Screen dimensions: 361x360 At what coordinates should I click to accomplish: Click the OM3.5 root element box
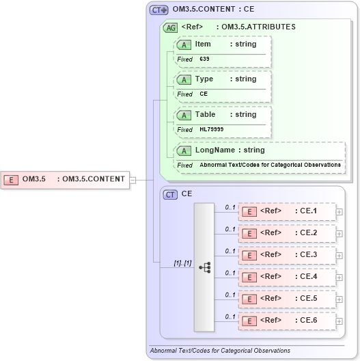pyautogui.click(x=66, y=180)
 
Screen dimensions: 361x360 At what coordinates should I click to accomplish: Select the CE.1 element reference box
pyautogui.click(x=287, y=211)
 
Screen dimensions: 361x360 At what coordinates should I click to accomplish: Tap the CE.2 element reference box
pyautogui.click(x=287, y=233)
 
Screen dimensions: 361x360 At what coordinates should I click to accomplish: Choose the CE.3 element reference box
pyautogui.click(x=287, y=255)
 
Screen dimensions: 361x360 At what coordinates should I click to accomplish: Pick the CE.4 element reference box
pyautogui.click(x=287, y=277)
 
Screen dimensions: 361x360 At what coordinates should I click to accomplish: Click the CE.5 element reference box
pyautogui.click(x=287, y=299)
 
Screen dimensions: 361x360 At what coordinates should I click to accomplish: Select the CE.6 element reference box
pyautogui.click(x=287, y=321)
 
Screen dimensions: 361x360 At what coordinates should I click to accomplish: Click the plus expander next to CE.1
pyautogui.click(x=340, y=211)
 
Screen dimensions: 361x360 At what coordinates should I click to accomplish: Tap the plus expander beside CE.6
pyautogui.click(x=340, y=321)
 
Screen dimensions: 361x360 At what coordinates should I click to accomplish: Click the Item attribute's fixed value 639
pyautogui.click(x=205, y=59)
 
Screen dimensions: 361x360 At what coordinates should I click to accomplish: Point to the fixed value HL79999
pyautogui.click(x=211, y=129)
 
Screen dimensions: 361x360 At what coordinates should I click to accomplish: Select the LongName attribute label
pyautogui.click(x=210, y=150)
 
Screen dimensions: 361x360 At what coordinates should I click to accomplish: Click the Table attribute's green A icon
pyautogui.click(x=184, y=115)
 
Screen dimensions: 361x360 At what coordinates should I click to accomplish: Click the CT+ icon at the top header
pyautogui.click(x=159, y=10)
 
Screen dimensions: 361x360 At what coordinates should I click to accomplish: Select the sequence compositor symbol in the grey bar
pyautogui.click(x=204, y=267)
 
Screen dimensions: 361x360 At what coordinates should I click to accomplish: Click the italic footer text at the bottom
pyautogui.click(x=220, y=351)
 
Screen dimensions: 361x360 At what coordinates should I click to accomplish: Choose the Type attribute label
pyautogui.click(x=204, y=79)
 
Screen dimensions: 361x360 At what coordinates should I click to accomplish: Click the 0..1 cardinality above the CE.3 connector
pyautogui.click(x=231, y=250)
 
